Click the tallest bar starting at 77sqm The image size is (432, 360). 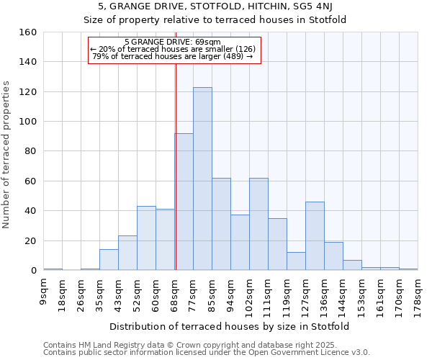[x=202, y=179]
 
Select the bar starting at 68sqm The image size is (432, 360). [x=184, y=202]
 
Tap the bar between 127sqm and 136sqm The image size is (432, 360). [x=315, y=235]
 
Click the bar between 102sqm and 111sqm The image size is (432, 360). [x=258, y=224]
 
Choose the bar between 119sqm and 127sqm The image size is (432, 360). [x=296, y=261]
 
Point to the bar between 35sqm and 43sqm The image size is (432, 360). [x=109, y=260]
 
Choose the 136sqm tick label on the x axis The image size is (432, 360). [x=325, y=294]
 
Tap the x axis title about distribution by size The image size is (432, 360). [x=230, y=326]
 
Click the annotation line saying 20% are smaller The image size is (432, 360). [x=173, y=49]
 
